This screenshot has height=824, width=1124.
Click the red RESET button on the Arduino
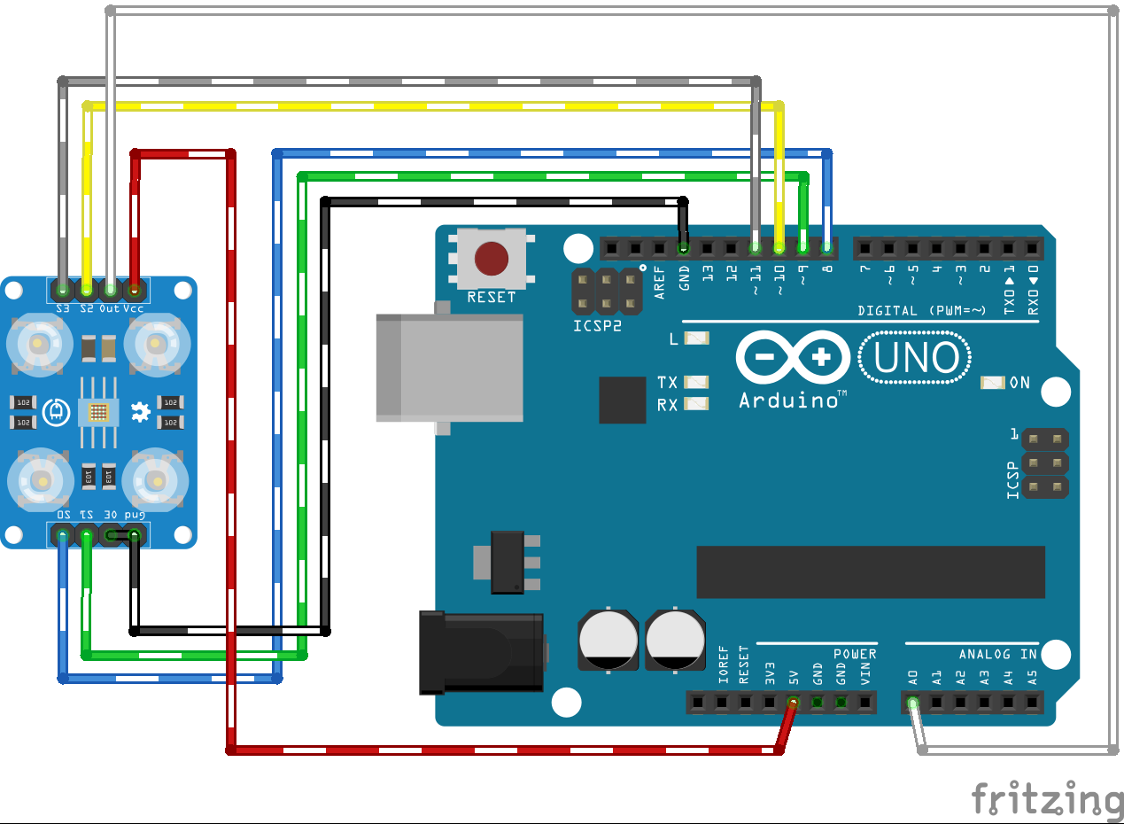492,259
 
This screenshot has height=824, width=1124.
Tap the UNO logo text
917,358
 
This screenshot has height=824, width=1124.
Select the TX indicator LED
697,382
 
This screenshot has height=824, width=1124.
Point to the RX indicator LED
697,404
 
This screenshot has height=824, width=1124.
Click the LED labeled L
697,338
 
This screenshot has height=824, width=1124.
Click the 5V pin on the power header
794,703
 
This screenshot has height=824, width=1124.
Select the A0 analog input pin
913,703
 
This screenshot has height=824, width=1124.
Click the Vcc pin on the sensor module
134,289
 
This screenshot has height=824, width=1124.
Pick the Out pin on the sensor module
110,289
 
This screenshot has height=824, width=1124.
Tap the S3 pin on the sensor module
63,289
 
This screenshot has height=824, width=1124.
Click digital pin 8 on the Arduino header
826,247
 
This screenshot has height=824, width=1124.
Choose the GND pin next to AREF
684,247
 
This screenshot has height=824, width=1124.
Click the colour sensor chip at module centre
98,412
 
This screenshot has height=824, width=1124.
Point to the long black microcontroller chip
870,572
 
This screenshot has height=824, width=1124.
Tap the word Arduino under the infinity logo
788,400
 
